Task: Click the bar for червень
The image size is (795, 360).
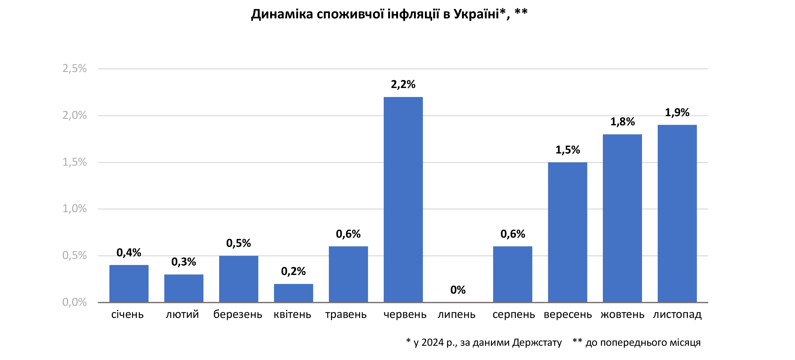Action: pyautogui.click(x=403, y=199)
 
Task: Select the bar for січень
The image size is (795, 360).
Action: pyautogui.click(x=129, y=283)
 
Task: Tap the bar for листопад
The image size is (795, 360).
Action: pyautogui.click(x=677, y=213)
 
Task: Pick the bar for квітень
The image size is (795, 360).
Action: pyautogui.click(x=293, y=293)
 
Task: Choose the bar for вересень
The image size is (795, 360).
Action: pyautogui.click(x=568, y=232)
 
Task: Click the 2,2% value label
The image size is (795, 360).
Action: pyautogui.click(x=403, y=84)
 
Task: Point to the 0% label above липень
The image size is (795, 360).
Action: pyautogui.click(x=458, y=290)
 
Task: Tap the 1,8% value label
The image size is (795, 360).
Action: pyautogui.click(x=622, y=122)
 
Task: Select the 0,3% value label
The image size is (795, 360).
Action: pyautogui.click(x=184, y=262)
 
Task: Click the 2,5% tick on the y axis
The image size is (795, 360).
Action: pyautogui.click(x=74, y=68)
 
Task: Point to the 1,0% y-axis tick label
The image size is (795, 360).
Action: pyautogui.click(x=74, y=209)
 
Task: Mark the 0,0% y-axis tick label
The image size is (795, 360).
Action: pyautogui.click(x=74, y=302)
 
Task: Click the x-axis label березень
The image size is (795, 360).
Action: pyautogui.click(x=238, y=314)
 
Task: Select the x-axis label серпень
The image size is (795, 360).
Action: pyautogui.click(x=514, y=314)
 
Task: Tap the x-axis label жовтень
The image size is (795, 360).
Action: pyautogui.click(x=622, y=314)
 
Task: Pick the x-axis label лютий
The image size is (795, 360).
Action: pyautogui.click(x=182, y=314)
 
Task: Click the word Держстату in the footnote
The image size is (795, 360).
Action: pyautogui.click(x=537, y=343)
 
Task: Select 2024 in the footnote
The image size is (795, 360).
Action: pyautogui.click(x=432, y=343)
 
